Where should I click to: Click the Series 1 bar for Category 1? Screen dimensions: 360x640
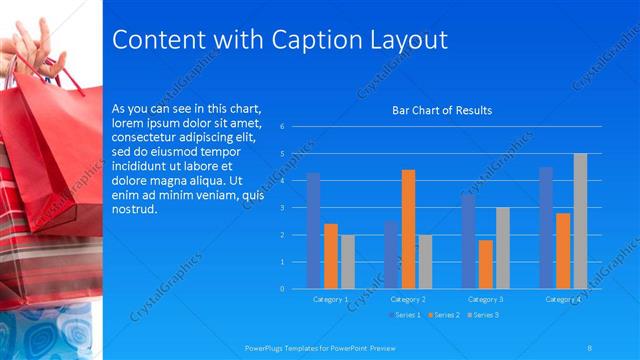313,231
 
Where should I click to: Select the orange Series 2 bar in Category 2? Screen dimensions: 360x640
408,229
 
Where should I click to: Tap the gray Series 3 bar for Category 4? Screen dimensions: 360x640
580,221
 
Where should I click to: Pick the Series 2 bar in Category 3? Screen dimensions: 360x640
485,264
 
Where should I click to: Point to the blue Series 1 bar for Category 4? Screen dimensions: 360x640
546,228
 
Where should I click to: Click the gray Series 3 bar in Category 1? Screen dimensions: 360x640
348,262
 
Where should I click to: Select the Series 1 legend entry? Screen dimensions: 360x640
407,315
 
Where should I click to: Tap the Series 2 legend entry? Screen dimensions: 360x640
445,315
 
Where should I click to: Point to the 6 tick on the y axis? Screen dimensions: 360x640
284,127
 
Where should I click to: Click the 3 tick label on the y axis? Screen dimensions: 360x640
284,208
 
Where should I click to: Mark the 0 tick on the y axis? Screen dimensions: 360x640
284,289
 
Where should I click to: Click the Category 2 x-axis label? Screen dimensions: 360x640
408,299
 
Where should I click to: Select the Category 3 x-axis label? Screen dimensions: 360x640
485,299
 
